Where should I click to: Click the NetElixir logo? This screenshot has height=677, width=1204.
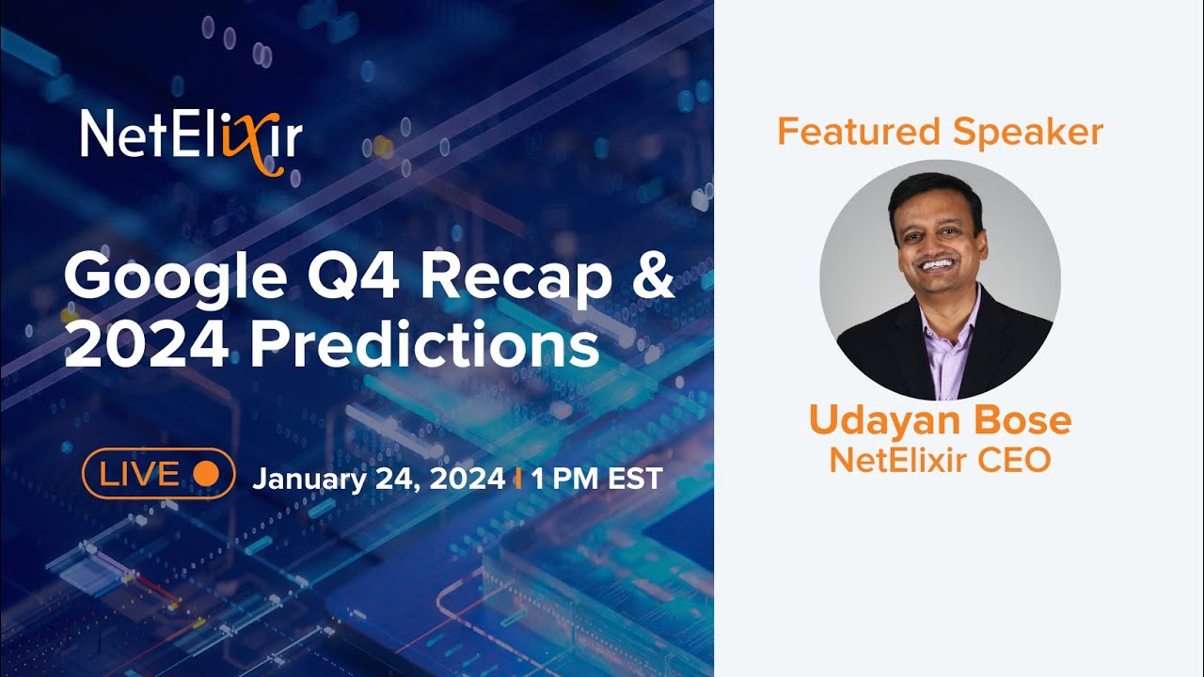192,137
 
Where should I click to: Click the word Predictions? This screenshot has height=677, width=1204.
423,346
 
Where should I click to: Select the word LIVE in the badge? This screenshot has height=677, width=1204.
139,474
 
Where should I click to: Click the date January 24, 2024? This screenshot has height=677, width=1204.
378,479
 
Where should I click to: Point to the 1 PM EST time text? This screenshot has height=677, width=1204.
596,479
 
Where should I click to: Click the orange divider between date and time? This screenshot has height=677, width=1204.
517,479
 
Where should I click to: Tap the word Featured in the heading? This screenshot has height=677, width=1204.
860,133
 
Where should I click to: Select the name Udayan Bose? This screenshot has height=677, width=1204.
940,421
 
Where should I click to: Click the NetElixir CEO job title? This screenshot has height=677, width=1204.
940,460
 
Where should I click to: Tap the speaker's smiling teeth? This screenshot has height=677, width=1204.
937,264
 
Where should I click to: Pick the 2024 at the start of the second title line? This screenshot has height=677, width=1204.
146,346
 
